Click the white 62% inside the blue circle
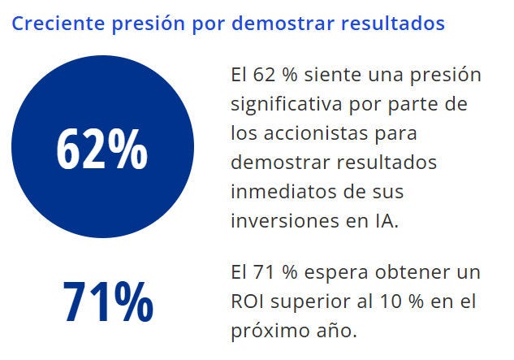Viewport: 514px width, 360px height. click(x=102, y=150)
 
